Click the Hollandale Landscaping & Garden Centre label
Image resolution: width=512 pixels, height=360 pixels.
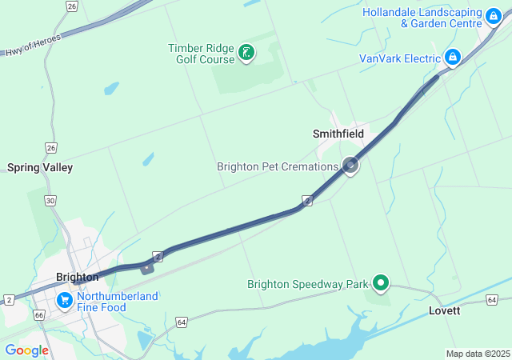[422, 18]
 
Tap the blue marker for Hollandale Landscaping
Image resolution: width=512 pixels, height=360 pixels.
[495, 14]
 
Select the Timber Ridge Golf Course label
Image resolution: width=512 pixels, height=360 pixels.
[201, 54]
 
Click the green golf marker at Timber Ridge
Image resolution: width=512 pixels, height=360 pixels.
[247, 54]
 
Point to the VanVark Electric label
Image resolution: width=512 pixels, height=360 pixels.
[400, 58]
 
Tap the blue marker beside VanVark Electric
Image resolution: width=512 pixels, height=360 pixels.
[453, 57]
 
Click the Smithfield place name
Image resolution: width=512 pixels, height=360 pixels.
[338, 134]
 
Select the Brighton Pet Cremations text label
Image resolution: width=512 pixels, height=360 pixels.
[278, 166]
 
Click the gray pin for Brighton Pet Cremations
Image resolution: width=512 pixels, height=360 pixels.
[350, 166]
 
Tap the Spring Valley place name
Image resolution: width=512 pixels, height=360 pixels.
[40, 167]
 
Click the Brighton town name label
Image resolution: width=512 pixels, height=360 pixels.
[78, 277]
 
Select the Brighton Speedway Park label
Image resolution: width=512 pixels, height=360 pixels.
[307, 284]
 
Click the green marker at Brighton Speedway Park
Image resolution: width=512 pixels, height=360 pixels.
[381, 282]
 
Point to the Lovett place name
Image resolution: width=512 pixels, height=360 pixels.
[444, 310]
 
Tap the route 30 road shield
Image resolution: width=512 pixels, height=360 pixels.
[51, 201]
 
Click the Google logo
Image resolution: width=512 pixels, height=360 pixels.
[27, 350]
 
